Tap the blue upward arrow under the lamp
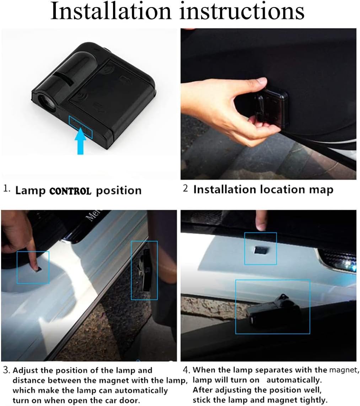pos(81,141)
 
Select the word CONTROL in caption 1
pos(70,191)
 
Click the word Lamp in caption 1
pos(30,191)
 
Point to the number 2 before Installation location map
pos(185,189)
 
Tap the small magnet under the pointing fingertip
pos(38,270)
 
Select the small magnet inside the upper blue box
pos(261,250)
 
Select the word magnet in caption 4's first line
pos(343,370)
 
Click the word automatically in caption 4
pos(294,380)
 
